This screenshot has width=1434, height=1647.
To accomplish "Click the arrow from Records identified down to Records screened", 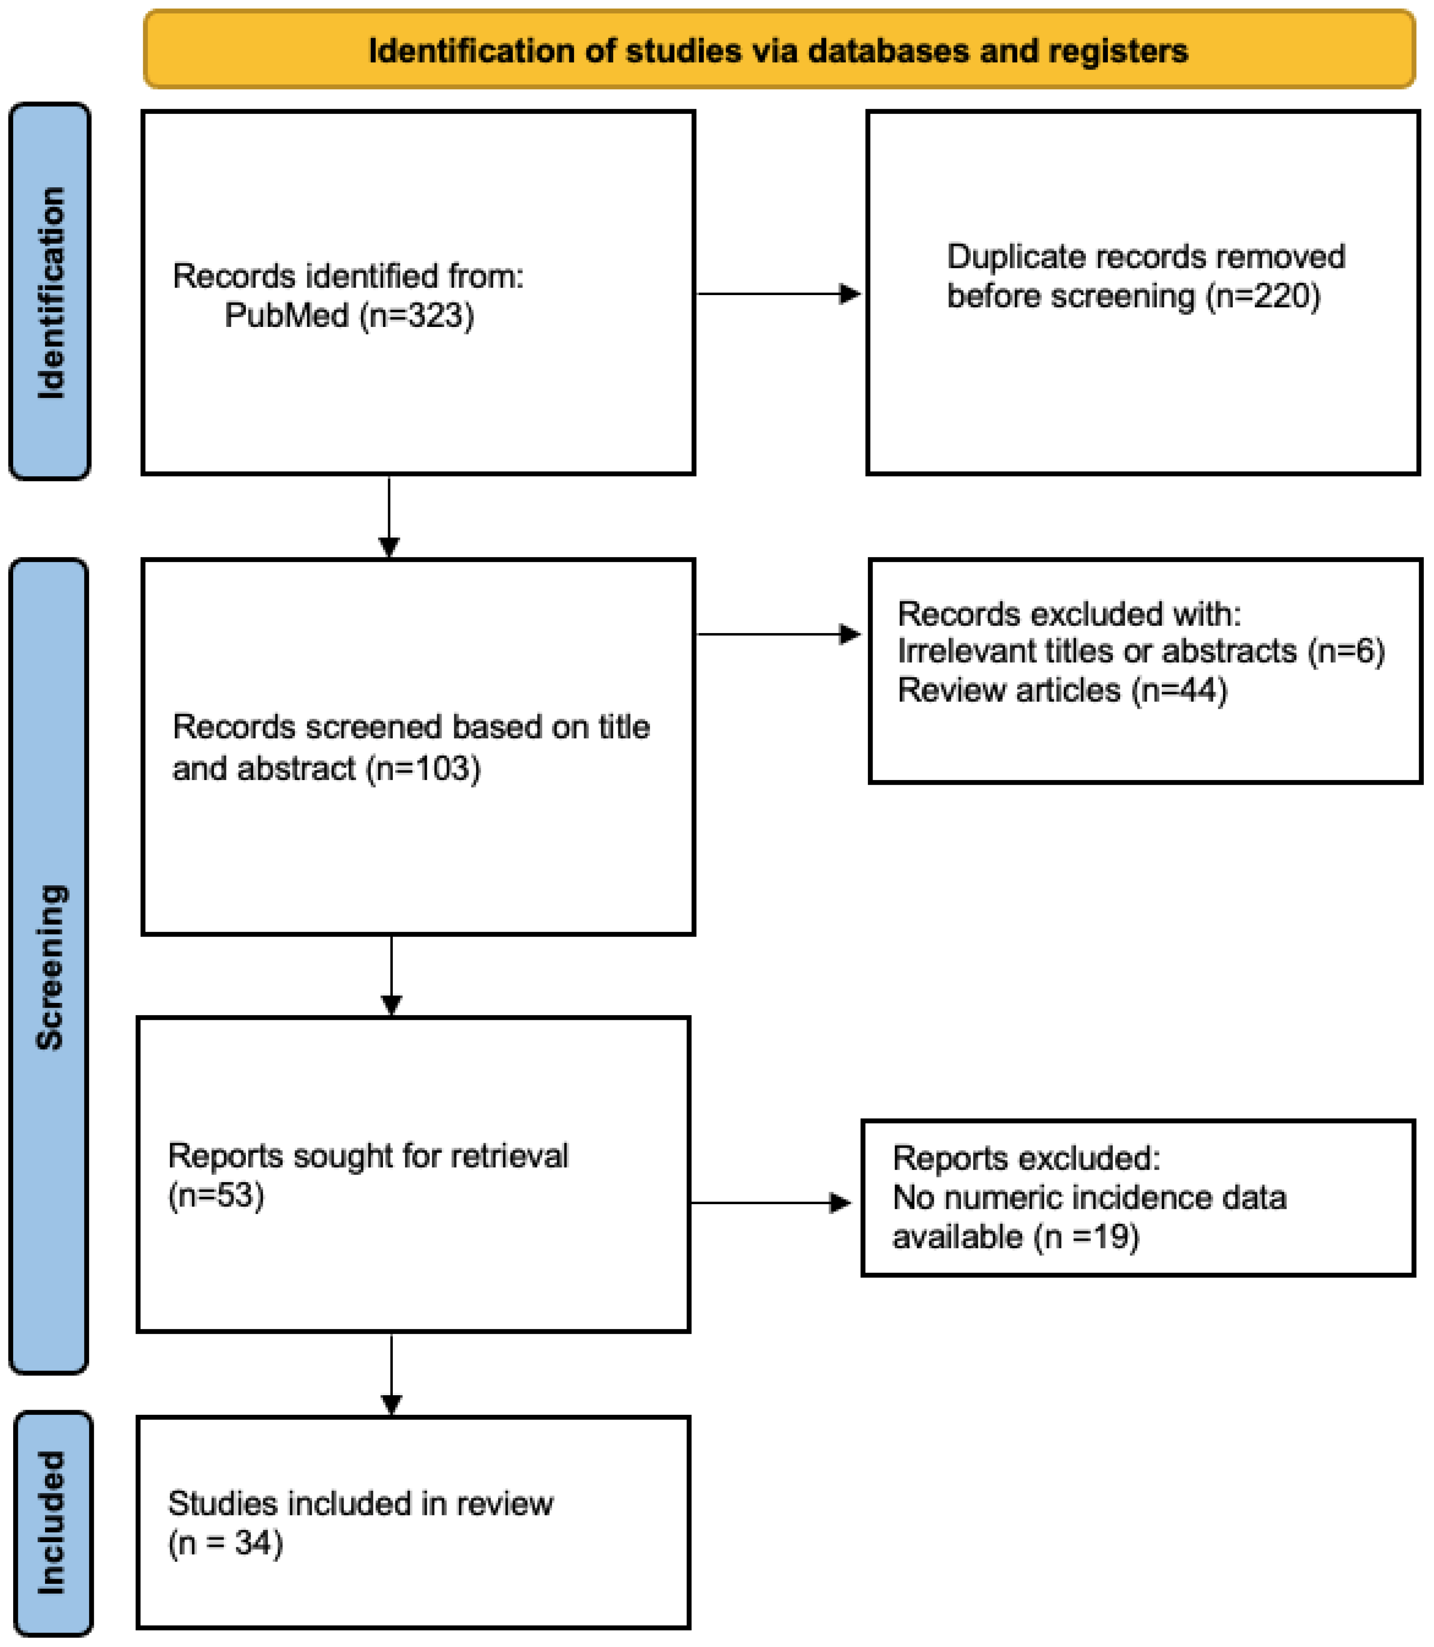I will [389, 516].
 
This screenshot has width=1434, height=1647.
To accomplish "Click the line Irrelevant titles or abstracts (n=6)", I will [1140, 651].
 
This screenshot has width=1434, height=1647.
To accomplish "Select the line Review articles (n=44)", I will [1062, 690].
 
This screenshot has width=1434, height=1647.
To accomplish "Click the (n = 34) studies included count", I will [225, 1543].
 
